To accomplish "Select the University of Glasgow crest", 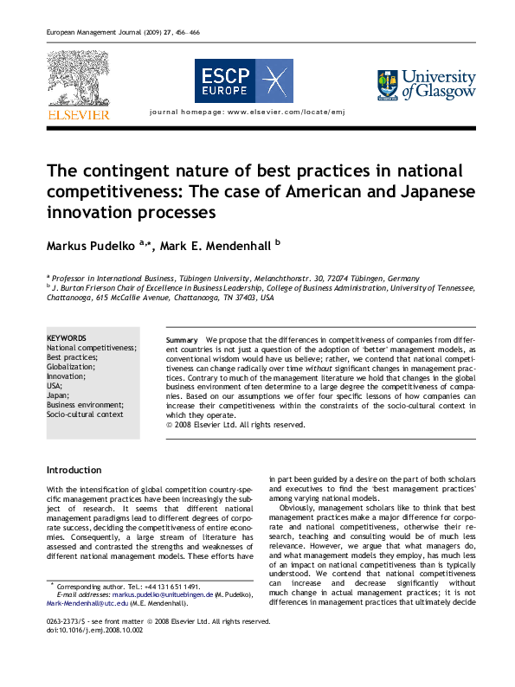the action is pos(387,85).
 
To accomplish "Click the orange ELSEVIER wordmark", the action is pos(78,114).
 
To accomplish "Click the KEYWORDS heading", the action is pos(66,338).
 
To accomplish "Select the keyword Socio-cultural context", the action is pos(85,414).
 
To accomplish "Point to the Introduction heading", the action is pos(74,470).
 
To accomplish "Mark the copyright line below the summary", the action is pos(235,425).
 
